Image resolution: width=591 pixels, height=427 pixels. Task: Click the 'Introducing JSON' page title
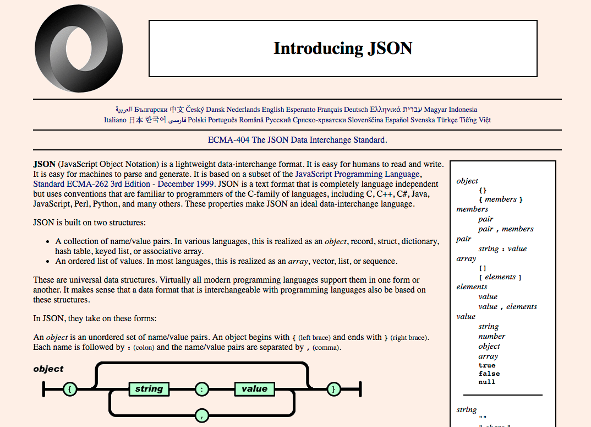tap(343, 48)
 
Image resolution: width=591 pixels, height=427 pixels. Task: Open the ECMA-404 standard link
tap(296, 140)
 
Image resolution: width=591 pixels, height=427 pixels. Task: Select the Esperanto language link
tap(301, 110)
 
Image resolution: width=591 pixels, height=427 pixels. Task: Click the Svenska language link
tap(422, 120)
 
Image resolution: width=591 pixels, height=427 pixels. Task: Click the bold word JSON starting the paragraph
tap(44, 164)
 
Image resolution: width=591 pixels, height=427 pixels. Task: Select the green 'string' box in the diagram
tap(149, 389)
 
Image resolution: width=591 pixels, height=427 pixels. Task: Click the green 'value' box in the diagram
tap(254, 389)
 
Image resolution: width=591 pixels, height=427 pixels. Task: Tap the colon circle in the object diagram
tap(202, 389)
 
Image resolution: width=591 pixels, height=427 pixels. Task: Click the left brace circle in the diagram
tap(69, 389)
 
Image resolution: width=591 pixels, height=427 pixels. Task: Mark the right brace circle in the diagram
tap(333, 389)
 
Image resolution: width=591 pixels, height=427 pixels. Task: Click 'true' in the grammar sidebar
tap(487, 365)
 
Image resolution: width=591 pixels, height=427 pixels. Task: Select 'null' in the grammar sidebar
tap(487, 382)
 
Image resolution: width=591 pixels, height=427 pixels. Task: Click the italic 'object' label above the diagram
tap(48, 369)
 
